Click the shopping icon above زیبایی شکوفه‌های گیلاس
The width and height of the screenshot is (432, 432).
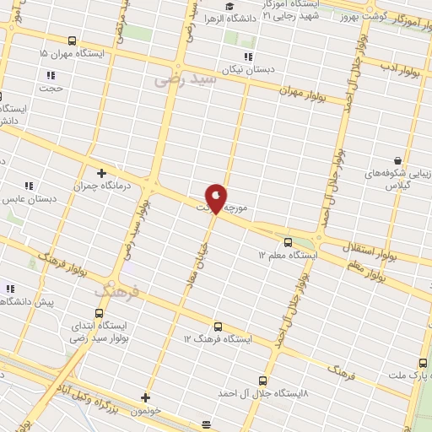point(397,159)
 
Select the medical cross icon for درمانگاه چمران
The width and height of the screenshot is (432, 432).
point(101,173)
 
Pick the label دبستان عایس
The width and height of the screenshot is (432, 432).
point(30,200)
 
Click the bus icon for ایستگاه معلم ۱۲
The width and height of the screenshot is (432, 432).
point(288,241)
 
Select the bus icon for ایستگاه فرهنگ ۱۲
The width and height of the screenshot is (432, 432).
point(218,327)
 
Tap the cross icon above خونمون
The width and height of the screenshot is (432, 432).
point(145,397)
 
